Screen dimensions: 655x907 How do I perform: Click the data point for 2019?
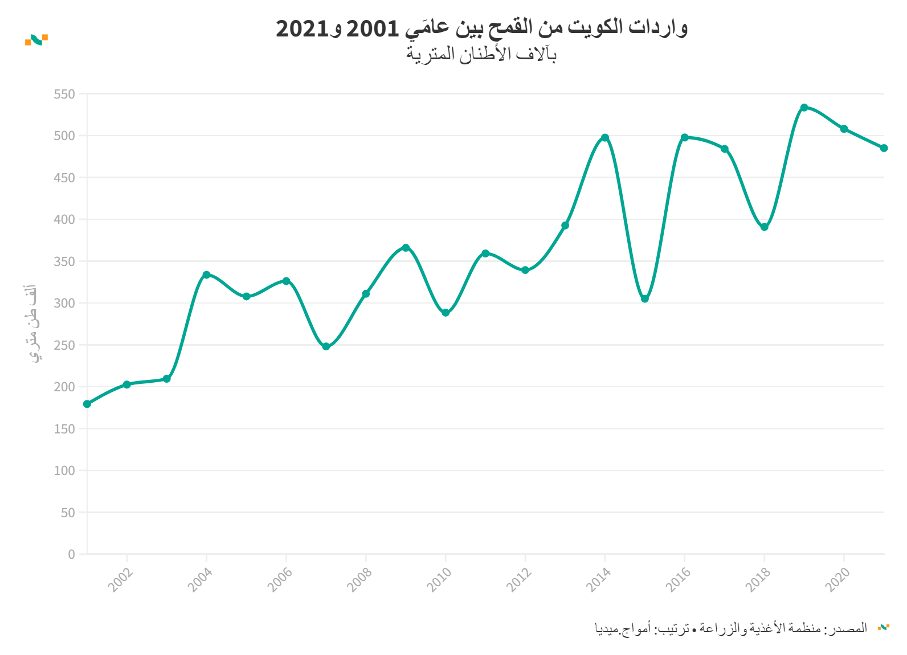click(804, 108)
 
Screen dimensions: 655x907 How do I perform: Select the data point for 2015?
click(644, 299)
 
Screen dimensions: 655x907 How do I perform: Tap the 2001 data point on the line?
click(87, 404)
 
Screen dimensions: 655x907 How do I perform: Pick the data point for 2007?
click(326, 346)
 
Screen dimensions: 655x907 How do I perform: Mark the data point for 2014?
click(605, 138)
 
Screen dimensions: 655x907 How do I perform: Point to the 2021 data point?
click(884, 148)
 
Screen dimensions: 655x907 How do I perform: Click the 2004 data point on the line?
click(206, 275)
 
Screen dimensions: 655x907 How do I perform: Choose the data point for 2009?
click(406, 248)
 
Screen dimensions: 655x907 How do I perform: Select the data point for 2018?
click(764, 227)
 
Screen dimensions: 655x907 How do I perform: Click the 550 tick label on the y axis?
click(64, 94)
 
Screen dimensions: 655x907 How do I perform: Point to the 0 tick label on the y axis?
click(71, 554)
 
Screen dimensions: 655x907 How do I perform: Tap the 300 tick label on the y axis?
click(64, 303)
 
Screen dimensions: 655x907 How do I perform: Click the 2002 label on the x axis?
click(121, 580)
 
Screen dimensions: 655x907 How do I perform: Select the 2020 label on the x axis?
click(837, 580)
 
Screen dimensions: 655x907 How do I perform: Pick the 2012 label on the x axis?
click(519, 580)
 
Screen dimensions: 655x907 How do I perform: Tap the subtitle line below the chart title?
click(481, 54)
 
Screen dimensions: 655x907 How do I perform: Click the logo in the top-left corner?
click(36, 39)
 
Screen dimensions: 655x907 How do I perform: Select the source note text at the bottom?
click(731, 628)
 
